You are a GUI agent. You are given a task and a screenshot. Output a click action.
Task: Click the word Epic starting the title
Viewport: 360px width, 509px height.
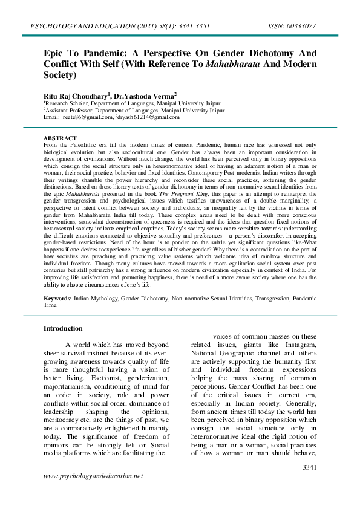click(x=55, y=53)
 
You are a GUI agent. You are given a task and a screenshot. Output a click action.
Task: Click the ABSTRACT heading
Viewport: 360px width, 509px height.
click(x=60, y=138)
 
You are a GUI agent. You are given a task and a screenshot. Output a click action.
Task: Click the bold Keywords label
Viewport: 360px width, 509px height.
click(x=57, y=299)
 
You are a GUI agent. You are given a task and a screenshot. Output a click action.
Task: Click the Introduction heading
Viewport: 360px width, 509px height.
click(x=63, y=328)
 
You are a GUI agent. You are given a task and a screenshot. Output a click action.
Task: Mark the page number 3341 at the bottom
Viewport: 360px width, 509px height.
click(x=309, y=467)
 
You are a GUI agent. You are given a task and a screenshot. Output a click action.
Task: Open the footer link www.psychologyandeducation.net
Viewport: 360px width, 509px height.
click(x=93, y=476)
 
